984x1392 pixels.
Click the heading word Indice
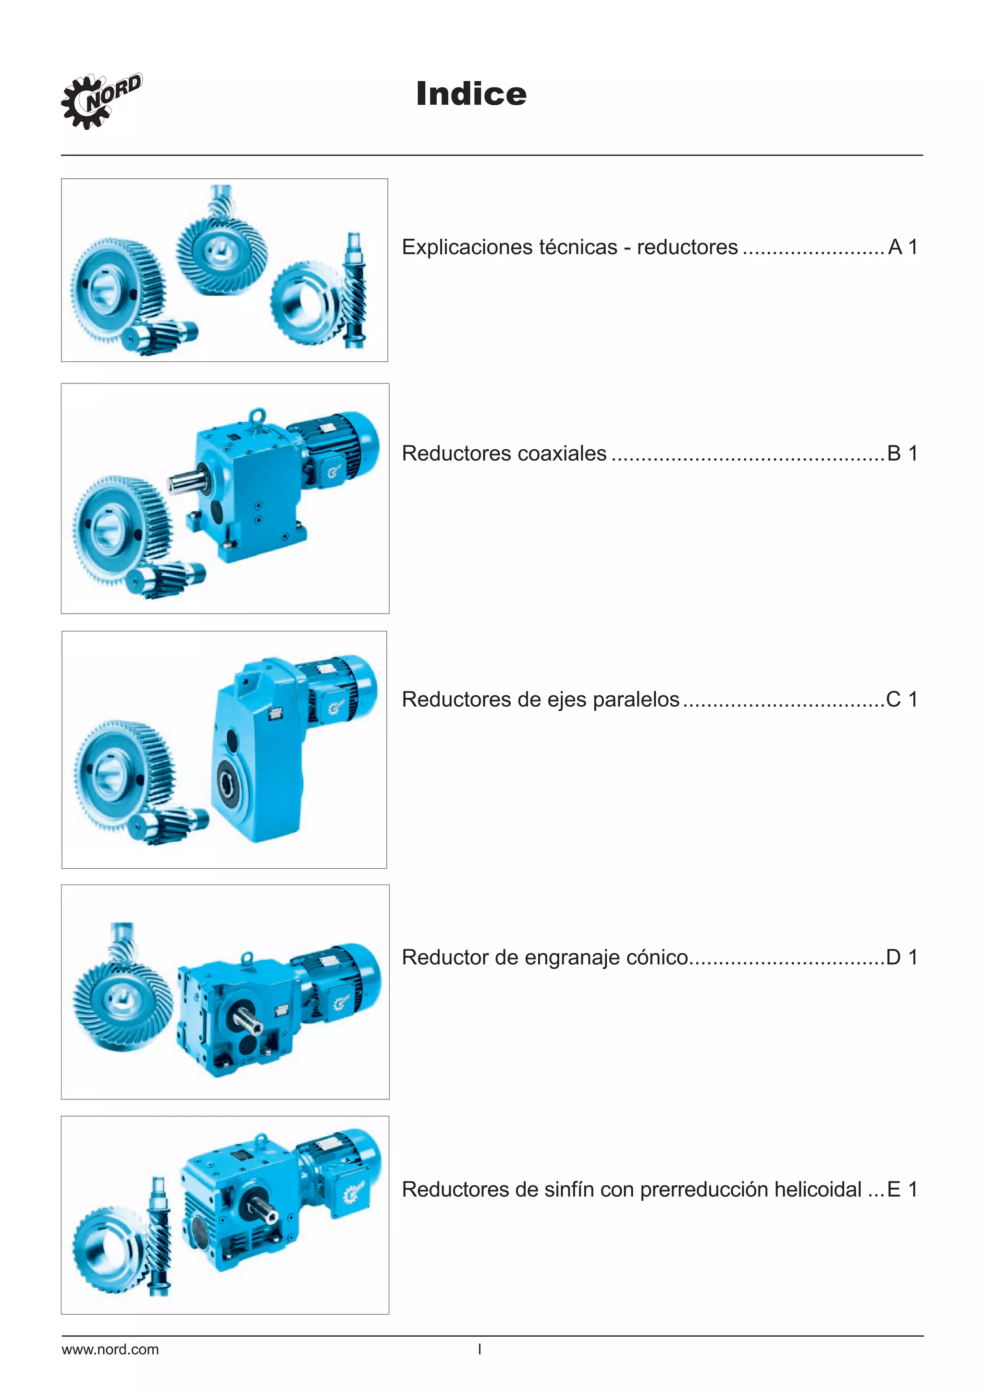point(471,94)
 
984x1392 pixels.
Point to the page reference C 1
point(901,700)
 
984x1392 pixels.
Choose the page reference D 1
point(901,957)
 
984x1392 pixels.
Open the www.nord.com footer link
point(111,1350)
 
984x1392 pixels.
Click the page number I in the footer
point(480,1350)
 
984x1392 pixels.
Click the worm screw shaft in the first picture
point(355,291)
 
